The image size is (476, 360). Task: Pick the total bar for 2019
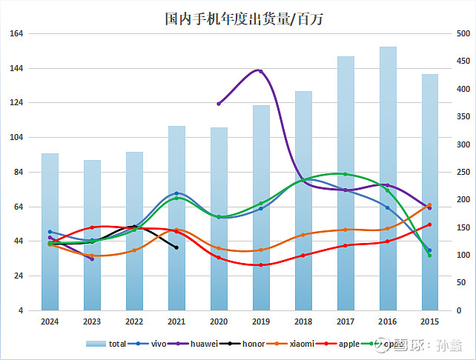[x=261, y=207]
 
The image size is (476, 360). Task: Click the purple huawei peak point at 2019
[x=260, y=71]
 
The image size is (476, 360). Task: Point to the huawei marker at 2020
[x=218, y=104]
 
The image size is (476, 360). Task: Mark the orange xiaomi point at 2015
[x=430, y=205]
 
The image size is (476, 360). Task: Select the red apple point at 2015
[x=430, y=224]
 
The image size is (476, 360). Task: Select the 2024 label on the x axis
[x=50, y=321]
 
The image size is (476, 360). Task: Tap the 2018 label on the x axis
[x=303, y=321]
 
